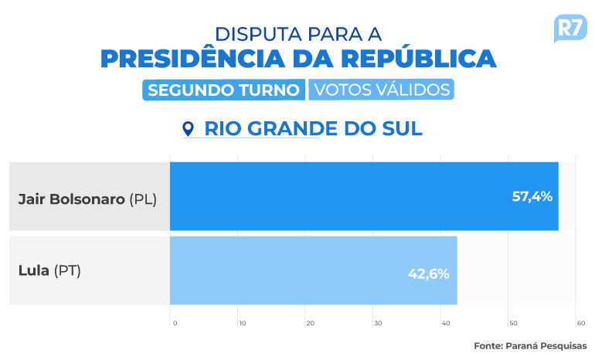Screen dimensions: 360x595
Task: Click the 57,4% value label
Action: [x=532, y=196]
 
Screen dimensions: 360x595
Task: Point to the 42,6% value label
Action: [x=427, y=273]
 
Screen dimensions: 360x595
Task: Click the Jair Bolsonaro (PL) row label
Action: [x=87, y=199]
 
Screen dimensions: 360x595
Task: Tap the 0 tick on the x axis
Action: [x=175, y=322]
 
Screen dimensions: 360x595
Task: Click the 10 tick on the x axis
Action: [x=242, y=322]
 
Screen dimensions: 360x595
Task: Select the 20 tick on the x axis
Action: [x=309, y=322]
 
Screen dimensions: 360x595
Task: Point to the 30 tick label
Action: [x=376, y=322]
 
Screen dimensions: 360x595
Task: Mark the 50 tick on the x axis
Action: [x=512, y=322]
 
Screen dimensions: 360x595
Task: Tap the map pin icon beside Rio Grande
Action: [x=188, y=128]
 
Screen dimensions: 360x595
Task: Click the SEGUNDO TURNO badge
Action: [x=223, y=90]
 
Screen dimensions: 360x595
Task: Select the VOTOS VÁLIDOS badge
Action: [x=381, y=90]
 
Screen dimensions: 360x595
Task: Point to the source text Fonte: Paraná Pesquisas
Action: [x=530, y=345]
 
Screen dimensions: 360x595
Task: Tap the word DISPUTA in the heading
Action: [x=257, y=34]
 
